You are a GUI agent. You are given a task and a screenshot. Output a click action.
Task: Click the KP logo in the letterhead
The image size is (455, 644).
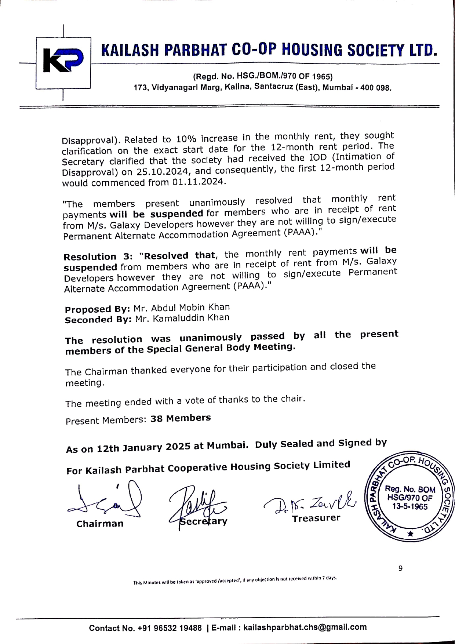(x=63, y=61)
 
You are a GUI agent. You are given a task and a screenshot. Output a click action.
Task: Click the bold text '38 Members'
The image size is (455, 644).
(x=181, y=418)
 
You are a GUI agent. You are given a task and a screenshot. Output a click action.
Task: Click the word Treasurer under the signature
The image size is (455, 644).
(x=316, y=519)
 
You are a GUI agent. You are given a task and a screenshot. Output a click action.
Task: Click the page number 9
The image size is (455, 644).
(x=400, y=568)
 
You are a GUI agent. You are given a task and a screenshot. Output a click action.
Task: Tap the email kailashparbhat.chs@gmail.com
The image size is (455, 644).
(x=305, y=627)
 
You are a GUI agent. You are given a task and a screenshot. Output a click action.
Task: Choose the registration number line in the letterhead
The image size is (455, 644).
(x=262, y=77)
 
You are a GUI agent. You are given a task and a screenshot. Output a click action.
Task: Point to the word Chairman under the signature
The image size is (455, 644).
(x=100, y=524)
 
